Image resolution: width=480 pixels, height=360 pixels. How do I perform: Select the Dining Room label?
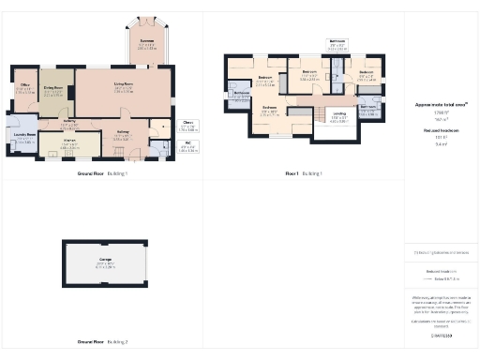click(53, 89)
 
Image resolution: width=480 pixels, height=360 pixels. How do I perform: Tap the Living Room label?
click(123, 87)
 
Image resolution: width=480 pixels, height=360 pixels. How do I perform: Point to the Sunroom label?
click(147, 42)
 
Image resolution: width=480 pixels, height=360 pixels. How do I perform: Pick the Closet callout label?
click(188, 123)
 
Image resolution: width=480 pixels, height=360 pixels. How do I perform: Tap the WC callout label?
click(188, 145)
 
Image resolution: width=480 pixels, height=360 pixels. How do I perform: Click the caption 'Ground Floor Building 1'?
click(102, 174)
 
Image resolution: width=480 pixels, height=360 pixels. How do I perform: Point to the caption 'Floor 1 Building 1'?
click(305, 174)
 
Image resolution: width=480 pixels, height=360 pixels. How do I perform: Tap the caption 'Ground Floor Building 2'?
click(102, 341)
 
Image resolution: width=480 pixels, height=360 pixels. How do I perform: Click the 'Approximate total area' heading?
click(441, 105)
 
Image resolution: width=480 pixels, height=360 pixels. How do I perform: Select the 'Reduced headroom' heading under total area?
click(441, 130)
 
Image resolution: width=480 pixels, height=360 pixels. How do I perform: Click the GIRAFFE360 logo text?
click(441, 334)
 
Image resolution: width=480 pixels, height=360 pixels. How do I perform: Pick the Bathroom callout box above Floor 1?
click(337, 43)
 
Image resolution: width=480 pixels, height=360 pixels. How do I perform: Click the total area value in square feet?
click(441, 114)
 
